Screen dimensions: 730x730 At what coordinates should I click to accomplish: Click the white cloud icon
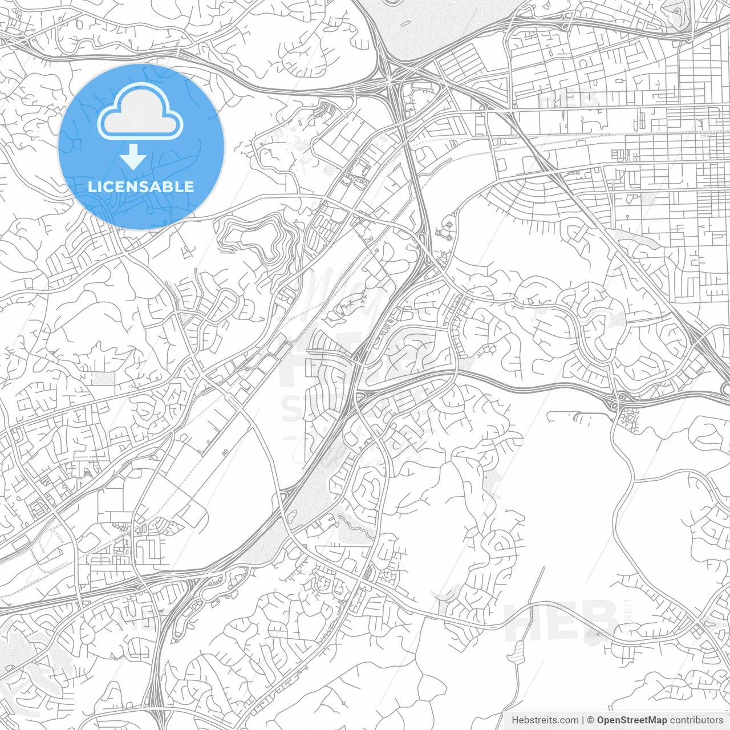coord(140,112)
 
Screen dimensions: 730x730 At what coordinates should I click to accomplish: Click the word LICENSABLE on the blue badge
coord(141,186)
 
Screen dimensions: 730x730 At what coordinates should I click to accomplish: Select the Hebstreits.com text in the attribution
coord(545,720)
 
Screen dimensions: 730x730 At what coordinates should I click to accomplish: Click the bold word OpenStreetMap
coord(631,720)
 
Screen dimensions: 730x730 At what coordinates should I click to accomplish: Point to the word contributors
coord(696,720)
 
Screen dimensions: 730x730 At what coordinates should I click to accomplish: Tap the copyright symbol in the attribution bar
coord(590,720)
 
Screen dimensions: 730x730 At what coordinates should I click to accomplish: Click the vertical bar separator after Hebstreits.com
coord(582,720)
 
